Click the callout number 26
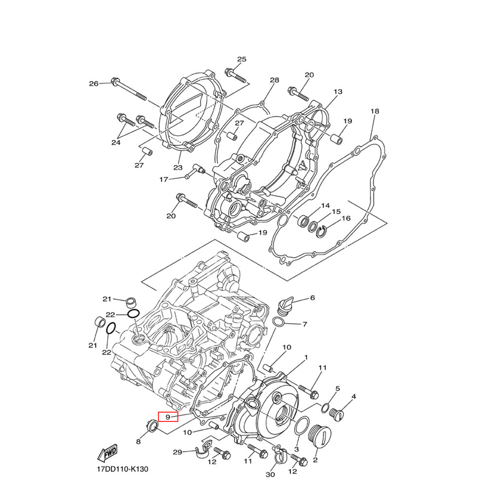pyautogui.click(x=93, y=84)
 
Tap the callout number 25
pyautogui.click(x=242, y=59)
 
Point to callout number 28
pyautogui.click(x=275, y=80)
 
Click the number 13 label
pyautogui.click(x=338, y=92)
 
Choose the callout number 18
pyautogui.click(x=374, y=111)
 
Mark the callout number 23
pyautogui.click(x=177, y=168)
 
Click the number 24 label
pyautogui.click(x=116, y=142)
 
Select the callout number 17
pyautogui.click(x=163, y=180)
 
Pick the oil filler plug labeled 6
pyautogui.click(x=285, y=305)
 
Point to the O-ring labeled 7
pyautogui.click(x=279, y=323)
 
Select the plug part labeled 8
pyautogui.click(x=152, y=427)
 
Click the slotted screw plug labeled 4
pyautogui.click(x=335, y=413)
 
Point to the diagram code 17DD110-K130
pyautogui.click(x=121, y=470)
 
